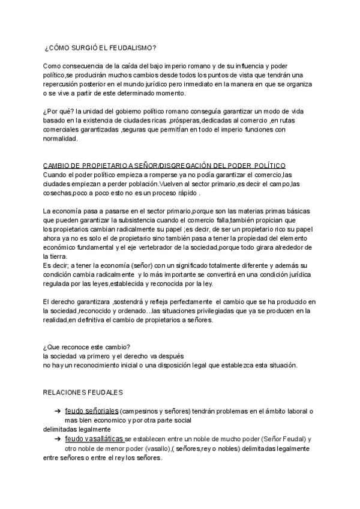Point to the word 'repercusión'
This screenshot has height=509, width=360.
pos(64,83)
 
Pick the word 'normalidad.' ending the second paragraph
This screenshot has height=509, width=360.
pos(61,139)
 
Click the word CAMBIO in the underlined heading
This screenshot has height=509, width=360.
pos(57,166)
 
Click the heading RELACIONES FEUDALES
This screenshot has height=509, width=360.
pos(83,393)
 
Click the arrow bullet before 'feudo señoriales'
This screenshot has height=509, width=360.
pos(57,411)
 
